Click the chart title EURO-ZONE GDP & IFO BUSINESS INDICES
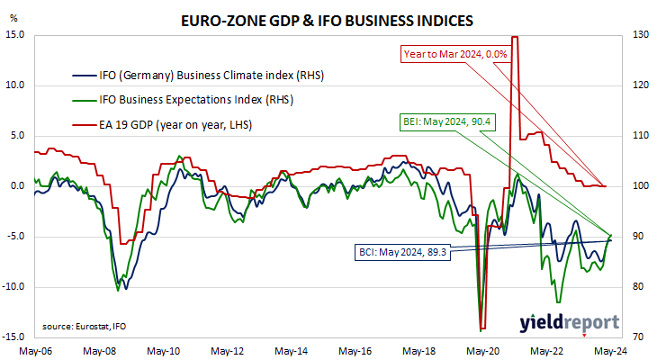coord(327,21)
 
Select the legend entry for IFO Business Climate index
coord(198,76)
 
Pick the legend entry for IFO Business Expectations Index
coord(183,100)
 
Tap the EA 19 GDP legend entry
coord(162,125)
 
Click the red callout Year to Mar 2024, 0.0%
coord(455,54)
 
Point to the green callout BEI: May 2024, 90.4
coord(447,122)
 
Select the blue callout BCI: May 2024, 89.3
coord(402,253)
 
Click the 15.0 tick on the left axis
coord(14,34)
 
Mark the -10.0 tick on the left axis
coord(13,287)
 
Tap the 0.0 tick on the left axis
coord(17,186)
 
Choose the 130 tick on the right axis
coord(641,34)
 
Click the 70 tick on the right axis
coord(638,337)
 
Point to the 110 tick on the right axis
coord(641,135)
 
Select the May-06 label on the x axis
coord(36,351)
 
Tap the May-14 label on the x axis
coord(292,351)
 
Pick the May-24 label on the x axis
coord(610,351)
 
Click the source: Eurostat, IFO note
coord(84,327)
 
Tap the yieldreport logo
coord(570,323)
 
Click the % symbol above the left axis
coord(13,18)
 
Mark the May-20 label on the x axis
coord(482,351)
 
